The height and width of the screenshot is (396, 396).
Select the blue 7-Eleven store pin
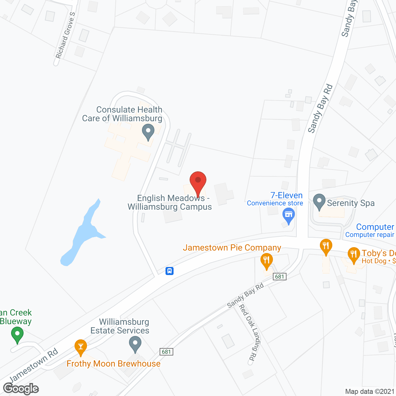(289, 216)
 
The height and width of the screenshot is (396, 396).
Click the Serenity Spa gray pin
(319, 202)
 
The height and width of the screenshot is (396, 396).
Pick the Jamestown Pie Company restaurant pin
(266, 261)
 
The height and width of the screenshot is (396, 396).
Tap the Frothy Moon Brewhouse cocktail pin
(81, 347)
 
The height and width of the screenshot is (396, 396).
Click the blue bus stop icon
(170, 271)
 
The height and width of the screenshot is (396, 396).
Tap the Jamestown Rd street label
(34, 365)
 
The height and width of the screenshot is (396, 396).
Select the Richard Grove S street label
(65, 36)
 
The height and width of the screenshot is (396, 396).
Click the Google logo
(21, 389)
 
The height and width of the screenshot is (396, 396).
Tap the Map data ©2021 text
(369, 391)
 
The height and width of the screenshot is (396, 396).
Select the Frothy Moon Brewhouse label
(114, 364)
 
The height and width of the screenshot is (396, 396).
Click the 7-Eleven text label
(286, 196)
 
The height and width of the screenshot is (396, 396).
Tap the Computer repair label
(370, 235)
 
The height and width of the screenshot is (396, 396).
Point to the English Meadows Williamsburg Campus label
(170, 202)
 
